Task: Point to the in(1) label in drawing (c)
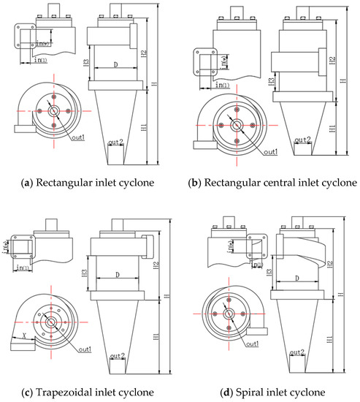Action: pyautogui.click(x=23, y=268)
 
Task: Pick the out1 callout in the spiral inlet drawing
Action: pyautogui.click(x=252, y=342)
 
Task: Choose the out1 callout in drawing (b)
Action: pyautogui.click(x=270, y=151)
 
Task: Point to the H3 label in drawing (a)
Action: pyautogui.click(x=86, y=64)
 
